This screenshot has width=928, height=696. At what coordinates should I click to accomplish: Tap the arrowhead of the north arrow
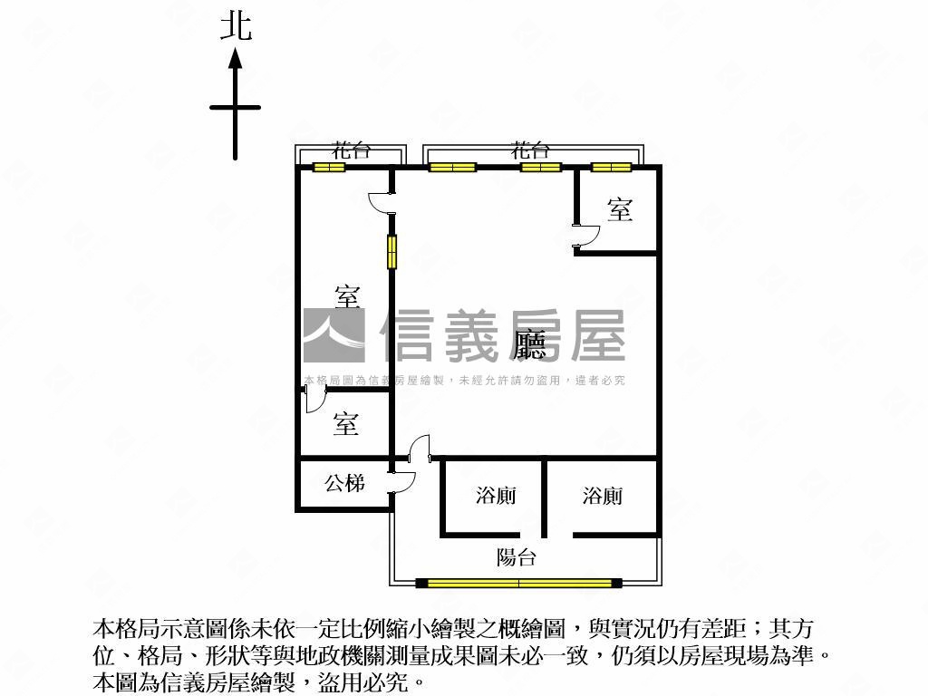tap(236, 59)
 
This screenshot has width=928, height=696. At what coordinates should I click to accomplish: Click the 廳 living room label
tap(528, 343)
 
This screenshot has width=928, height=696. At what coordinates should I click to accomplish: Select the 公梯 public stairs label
tap(344, 484)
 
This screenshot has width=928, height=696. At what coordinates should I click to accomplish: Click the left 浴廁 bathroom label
tap(496, 496)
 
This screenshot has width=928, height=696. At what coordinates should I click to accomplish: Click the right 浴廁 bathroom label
tap(603, 496)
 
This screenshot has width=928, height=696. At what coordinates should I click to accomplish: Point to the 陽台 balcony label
tap(517, 556)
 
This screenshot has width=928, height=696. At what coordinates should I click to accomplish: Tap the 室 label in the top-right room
tap(620, 210)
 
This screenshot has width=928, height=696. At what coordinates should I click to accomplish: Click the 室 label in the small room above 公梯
tap(345, 423)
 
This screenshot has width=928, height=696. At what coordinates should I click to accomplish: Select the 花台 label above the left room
tap(351, 151)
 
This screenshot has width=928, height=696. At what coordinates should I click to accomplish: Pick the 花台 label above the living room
tap(530, 151)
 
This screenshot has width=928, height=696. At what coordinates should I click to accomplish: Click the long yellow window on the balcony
tap(518, 583)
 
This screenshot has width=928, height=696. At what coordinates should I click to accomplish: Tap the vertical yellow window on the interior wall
tap(392, 252)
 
